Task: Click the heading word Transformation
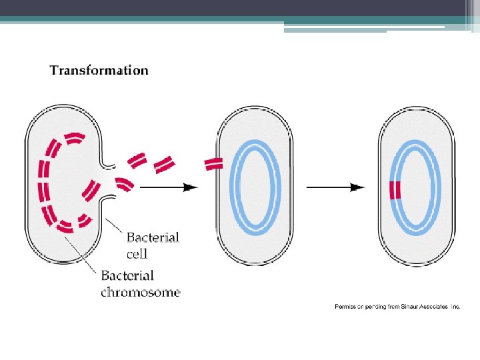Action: point(99,70)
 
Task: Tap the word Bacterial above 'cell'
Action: point(153,237)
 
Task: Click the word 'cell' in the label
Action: point(137,254)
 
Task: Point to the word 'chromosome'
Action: point(141,291)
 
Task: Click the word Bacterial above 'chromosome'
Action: point(127,275)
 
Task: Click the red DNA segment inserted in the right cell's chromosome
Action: point(395,190)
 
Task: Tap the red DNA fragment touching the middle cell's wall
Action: point(213,163)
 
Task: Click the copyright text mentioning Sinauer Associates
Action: point(397,306)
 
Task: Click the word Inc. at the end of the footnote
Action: point(455,306)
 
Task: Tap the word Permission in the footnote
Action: point(349,306)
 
